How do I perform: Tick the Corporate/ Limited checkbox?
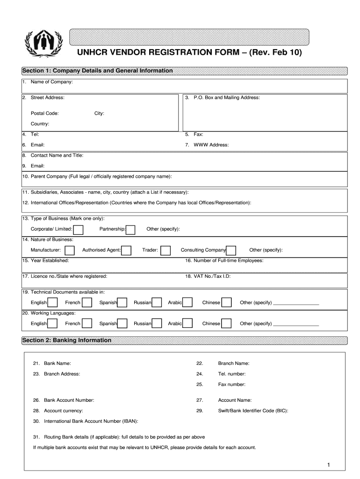click(x=79, y=229)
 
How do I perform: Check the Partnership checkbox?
click(x=131, y=229)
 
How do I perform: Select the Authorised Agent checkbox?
click(x=126, y=250)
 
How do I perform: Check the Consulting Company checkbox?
click(x=231, y=250)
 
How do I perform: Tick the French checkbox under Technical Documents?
click(x=87, y=303)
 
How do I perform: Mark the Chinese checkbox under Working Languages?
click(x=226, y=324)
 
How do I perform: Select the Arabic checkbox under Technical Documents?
click(x=187, y=303)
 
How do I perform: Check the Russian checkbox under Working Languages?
click(x=157, y=324)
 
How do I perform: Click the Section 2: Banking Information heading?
click(x=67, y=340)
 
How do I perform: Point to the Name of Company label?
click(x=51, y=82)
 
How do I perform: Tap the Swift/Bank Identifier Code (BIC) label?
click(x=253, y=411)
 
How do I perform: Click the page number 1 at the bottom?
click(x=329, y=464)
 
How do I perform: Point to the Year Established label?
click(x=50, y=261)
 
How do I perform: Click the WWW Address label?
click(x=211, y=145)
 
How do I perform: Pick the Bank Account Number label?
click(x=69, y=400)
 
